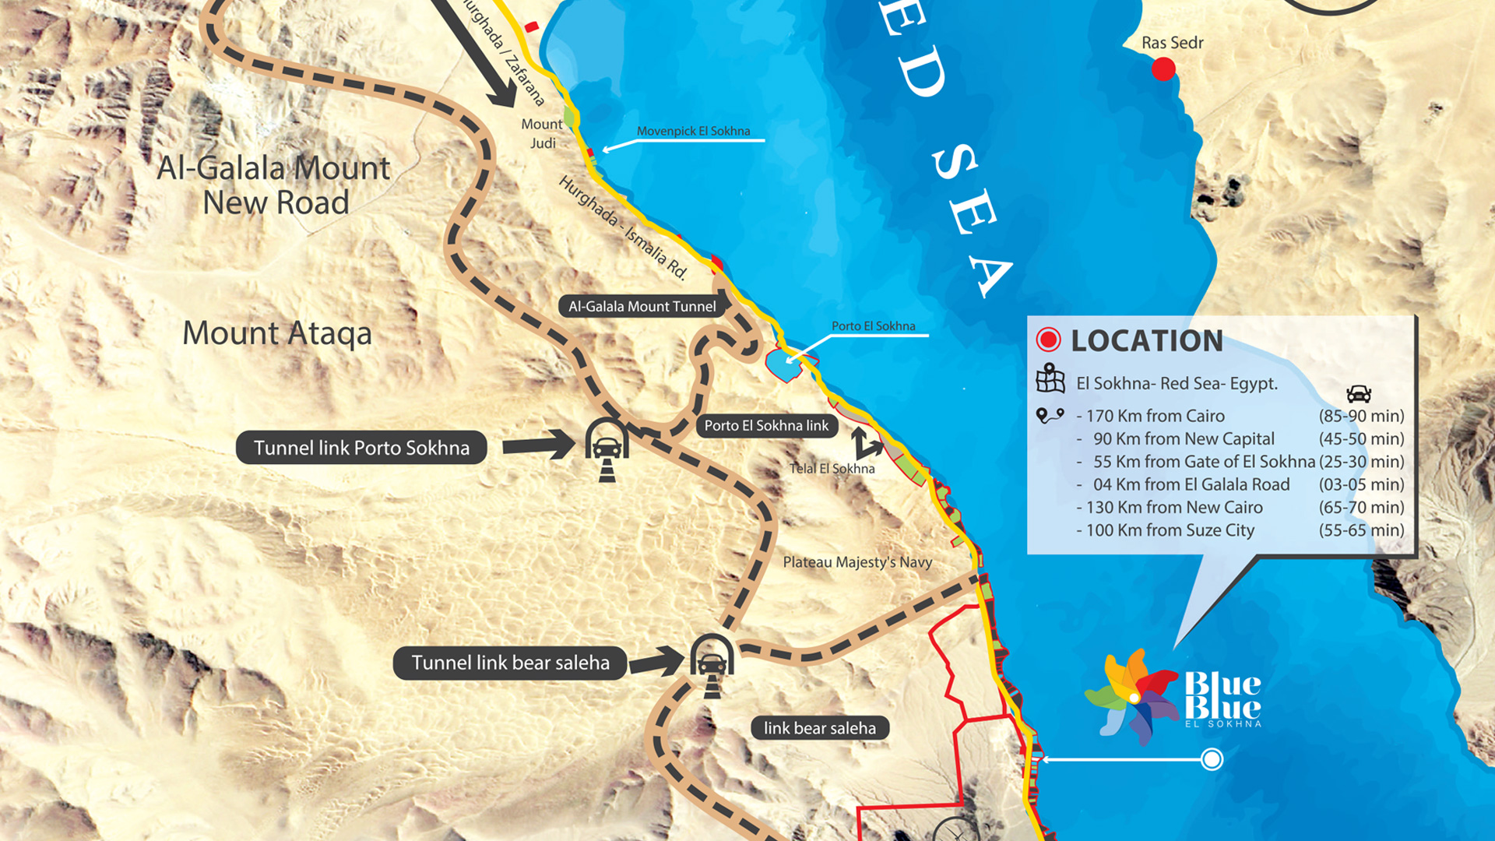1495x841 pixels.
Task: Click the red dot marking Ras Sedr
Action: [x=1163, y=69]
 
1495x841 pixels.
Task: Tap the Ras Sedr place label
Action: [x=1172, y=43]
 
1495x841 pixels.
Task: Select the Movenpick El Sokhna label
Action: [x=693, y=131]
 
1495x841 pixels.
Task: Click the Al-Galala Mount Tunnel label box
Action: [x=642, y=306]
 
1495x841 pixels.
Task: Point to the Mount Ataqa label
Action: [x=276, y=333]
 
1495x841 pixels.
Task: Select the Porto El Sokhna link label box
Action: [x=766, y=425]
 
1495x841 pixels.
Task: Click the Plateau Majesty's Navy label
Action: [x=857, y=561]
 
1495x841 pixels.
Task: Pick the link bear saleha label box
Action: [x=819, y=728]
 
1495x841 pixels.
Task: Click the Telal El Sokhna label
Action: [x=832, y=468]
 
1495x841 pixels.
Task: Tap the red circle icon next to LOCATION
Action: [x=1048, y=340]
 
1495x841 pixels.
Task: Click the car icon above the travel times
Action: [x=1358, y=393]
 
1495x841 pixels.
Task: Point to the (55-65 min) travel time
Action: [x=1361, y=530]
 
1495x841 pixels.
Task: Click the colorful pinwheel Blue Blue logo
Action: [x=1132, y=695]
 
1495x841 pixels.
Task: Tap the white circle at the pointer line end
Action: [x=1212, y=758]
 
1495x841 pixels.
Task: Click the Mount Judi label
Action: [x=542, y=133]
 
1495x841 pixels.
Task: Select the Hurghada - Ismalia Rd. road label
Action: [x=624, y=227]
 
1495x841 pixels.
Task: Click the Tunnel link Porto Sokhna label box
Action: [x=361, y=448]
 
